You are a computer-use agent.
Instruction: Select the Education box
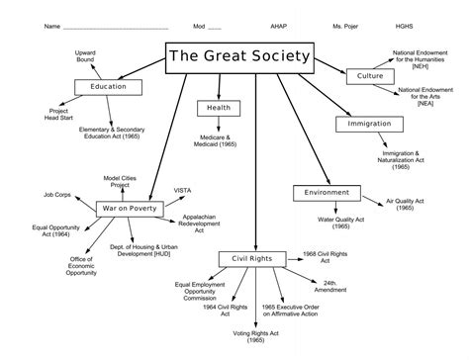point(108,87)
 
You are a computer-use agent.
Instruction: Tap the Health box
point(221,108)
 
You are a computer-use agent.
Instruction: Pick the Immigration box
point(370,125)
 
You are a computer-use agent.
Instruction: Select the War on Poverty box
point(126,209)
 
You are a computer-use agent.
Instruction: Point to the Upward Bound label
point(84,55)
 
